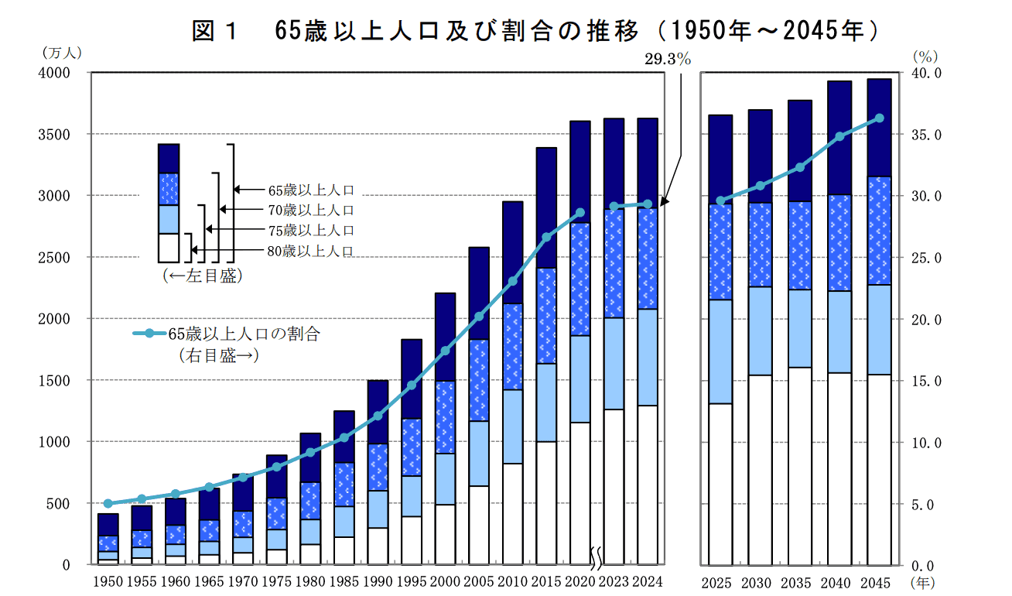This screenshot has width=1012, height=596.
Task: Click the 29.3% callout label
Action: pyautogui.click(x=668, y=59)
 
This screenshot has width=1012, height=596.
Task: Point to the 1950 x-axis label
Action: pyautogui.click(x=108, y=582)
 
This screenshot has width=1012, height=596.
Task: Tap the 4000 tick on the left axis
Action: pyautogui.click(x=55, y=73)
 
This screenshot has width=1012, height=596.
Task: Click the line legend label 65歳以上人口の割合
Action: pyautogui.click(x=244, y=334)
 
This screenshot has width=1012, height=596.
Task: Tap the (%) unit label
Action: pyautogui.click(x=925, y=56)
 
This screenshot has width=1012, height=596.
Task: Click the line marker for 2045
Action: pyautogui.click(x=879, y=118)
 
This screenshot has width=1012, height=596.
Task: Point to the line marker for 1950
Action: pyautogui.click(x=108, y=504)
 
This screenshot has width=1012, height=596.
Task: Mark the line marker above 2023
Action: pyautogui.click(x=614, y=207)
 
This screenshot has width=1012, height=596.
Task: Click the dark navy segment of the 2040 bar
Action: pyautogui.click(x=839, y=138)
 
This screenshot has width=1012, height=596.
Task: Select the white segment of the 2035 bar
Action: pyautogui.click(x=800, y=466)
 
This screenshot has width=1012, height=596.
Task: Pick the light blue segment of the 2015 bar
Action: pyautogui.click(x=546, y=402)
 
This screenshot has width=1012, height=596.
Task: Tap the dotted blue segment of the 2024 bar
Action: pyautogui.click(x=648, y=259)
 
